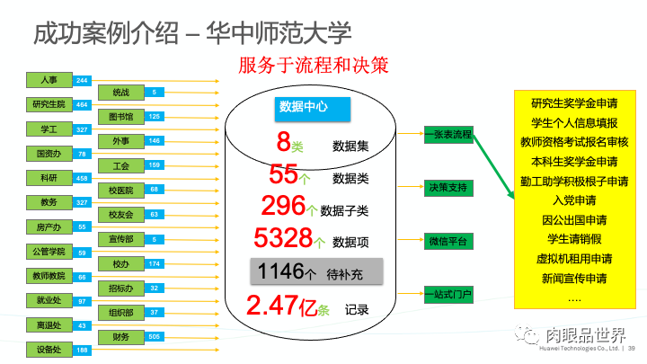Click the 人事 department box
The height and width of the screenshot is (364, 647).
(x=49, y=80)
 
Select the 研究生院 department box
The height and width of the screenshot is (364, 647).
(x=49, y=104)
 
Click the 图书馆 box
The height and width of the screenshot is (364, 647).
(x=121, y=116)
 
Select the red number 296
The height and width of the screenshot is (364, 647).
(x=284, y=206)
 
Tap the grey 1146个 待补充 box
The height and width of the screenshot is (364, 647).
(x=315, y=271)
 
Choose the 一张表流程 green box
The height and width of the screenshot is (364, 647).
(x=448, y=136)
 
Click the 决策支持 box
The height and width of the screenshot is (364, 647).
(x=448, y=188)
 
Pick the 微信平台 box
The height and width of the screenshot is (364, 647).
(x=448, y=241)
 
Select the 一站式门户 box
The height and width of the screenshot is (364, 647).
(x=448, y=294)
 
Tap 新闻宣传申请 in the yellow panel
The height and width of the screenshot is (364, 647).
(x=573, y=279)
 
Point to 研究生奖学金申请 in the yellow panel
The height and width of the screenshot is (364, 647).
(x=573, y=103)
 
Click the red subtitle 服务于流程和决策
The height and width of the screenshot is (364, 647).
(x=313, y=66)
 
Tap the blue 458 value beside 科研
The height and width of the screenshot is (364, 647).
(x=83, y=178)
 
